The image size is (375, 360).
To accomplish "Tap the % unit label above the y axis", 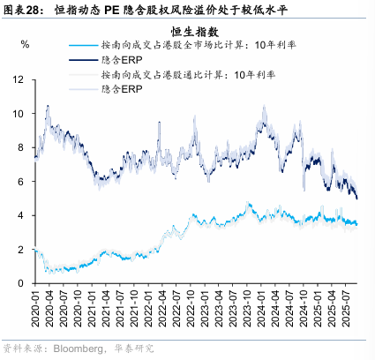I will point(25,44).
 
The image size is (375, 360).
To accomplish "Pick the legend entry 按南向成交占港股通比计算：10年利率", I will point(176,75).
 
